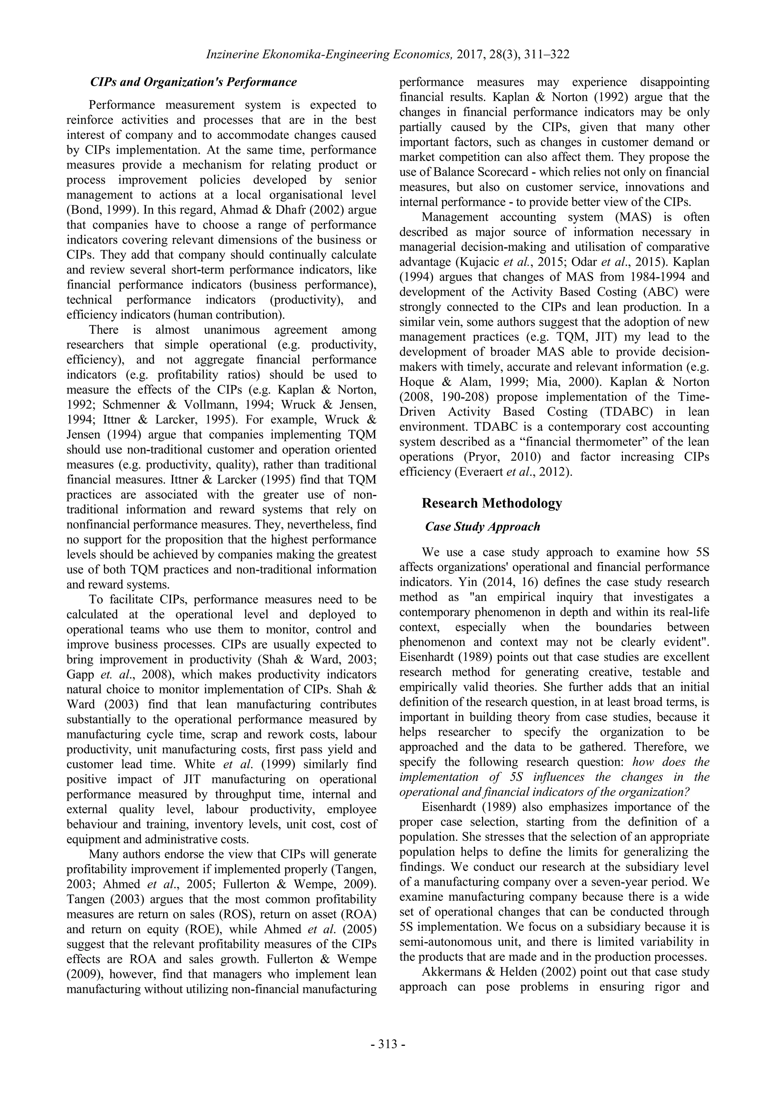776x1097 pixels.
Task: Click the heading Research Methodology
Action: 492,503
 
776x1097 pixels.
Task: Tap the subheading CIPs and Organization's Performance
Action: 194,82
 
